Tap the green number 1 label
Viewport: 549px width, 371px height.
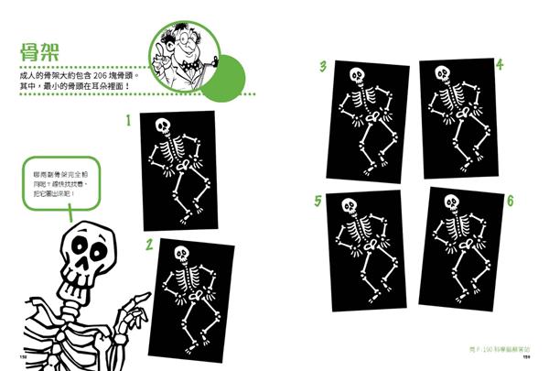click(129, 119)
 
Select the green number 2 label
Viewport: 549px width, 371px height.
click(146, 244)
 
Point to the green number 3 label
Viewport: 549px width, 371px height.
click(323, 66)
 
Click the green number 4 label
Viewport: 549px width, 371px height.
click(499, 65)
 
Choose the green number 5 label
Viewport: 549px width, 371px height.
click(318, 200)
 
